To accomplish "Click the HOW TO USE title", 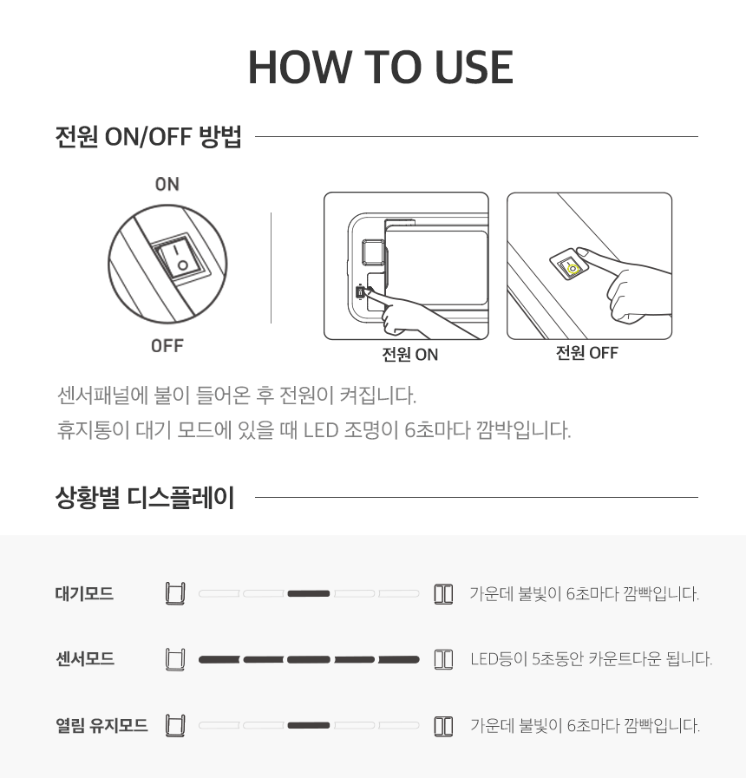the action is (381, 67).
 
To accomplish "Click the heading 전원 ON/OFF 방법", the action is (148, 136).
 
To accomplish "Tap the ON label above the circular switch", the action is (167, 184).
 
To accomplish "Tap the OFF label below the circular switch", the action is (167, 345).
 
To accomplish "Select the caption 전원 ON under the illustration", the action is (410, 354).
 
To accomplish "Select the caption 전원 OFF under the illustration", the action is (587, 353).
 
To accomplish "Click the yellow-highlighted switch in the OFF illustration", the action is (572, 267).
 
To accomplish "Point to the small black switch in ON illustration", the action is (360, 292).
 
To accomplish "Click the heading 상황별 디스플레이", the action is (145, 497).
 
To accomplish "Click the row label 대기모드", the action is (84, 593).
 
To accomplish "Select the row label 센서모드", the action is (85, 659).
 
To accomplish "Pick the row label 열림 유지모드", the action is (101, 725).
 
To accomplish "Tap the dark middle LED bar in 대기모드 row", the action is (309, 593).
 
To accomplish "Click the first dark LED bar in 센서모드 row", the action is (219, 659).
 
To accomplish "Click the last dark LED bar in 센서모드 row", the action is (398, 659).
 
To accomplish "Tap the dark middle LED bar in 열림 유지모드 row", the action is (309, 725).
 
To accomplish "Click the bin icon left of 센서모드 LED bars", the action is (175, 659).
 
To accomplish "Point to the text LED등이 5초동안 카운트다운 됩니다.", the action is (591, 659).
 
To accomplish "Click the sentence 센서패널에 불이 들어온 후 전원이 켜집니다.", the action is (237, 396).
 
